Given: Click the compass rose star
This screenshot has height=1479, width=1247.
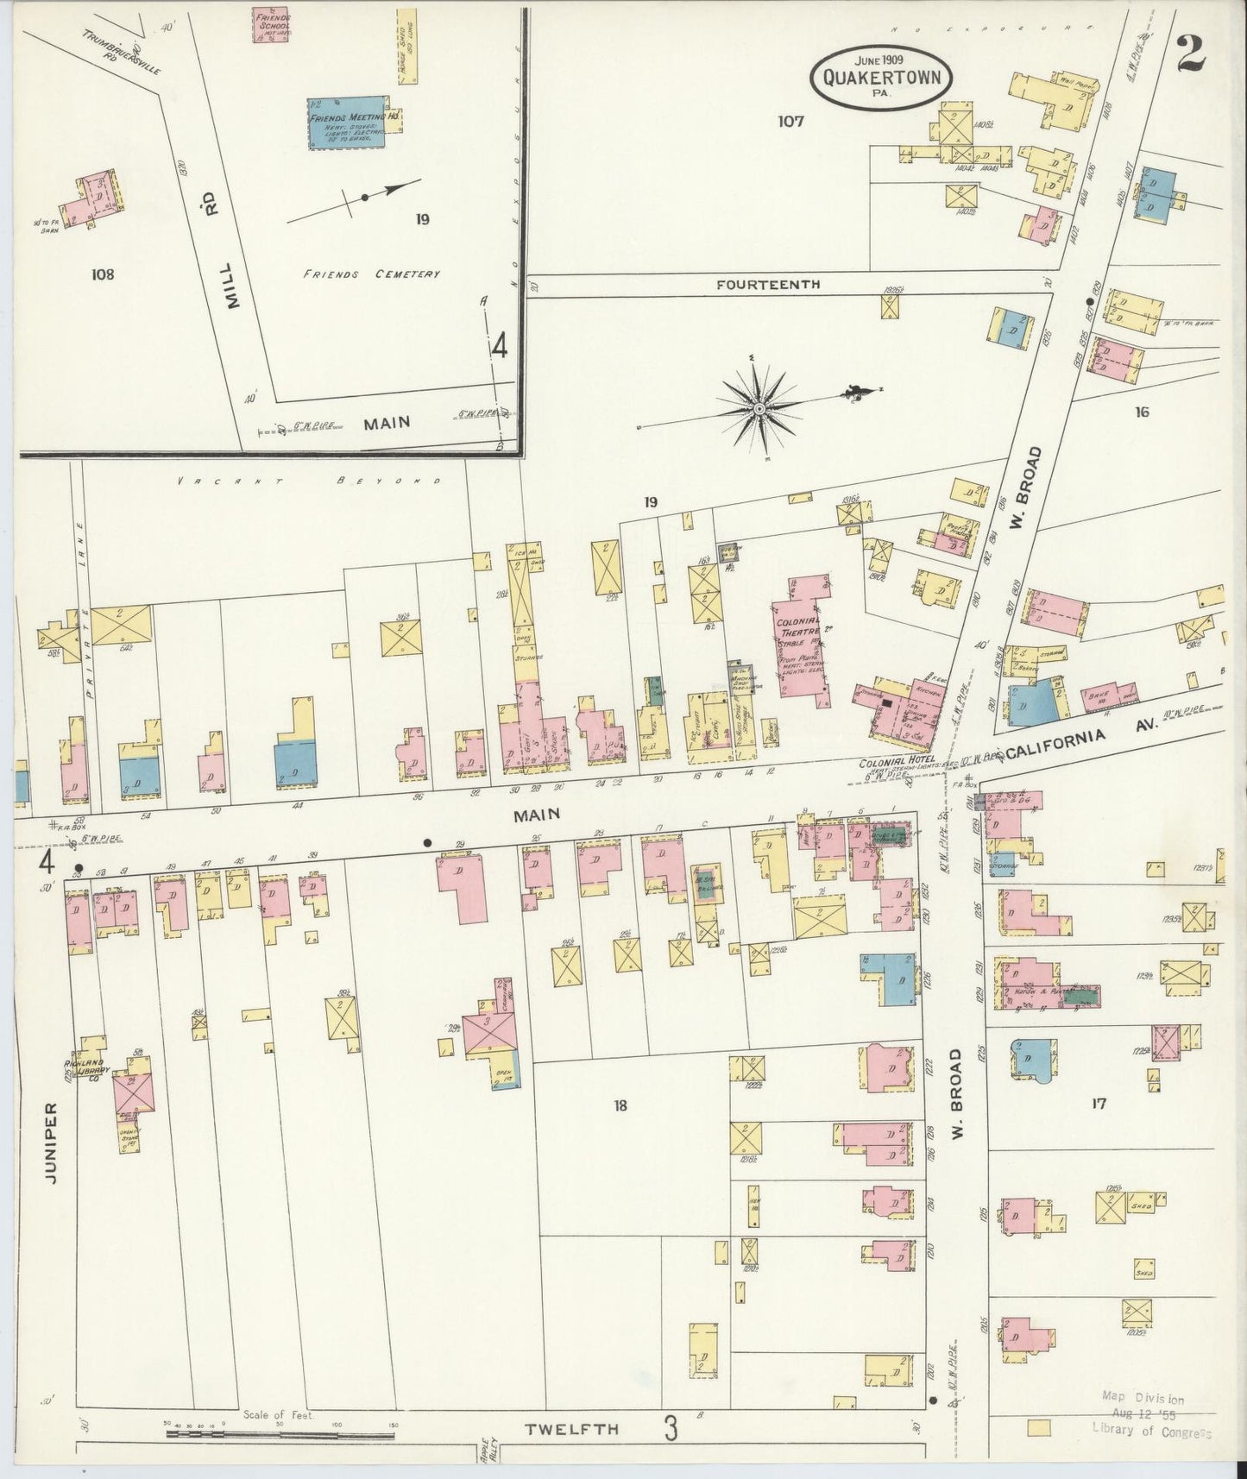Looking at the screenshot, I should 759,407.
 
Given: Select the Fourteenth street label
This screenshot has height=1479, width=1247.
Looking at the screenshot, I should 767,284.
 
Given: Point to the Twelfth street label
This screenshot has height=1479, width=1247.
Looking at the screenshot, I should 572,1429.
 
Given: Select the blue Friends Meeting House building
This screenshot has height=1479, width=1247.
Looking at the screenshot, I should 347,123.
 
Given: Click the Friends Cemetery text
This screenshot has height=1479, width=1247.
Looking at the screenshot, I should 371,274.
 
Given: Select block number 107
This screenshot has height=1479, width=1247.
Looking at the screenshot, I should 790,121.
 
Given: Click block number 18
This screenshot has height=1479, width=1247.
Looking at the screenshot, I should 620,1105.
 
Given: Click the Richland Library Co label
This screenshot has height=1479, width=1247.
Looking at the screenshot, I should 90,1069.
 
